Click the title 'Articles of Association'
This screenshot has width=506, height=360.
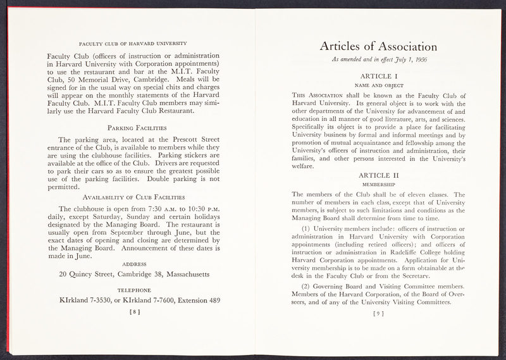[x=378, y=47]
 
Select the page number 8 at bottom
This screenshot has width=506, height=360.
[x=133, y=311]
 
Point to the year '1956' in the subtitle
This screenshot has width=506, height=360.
[x=421, y=61]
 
